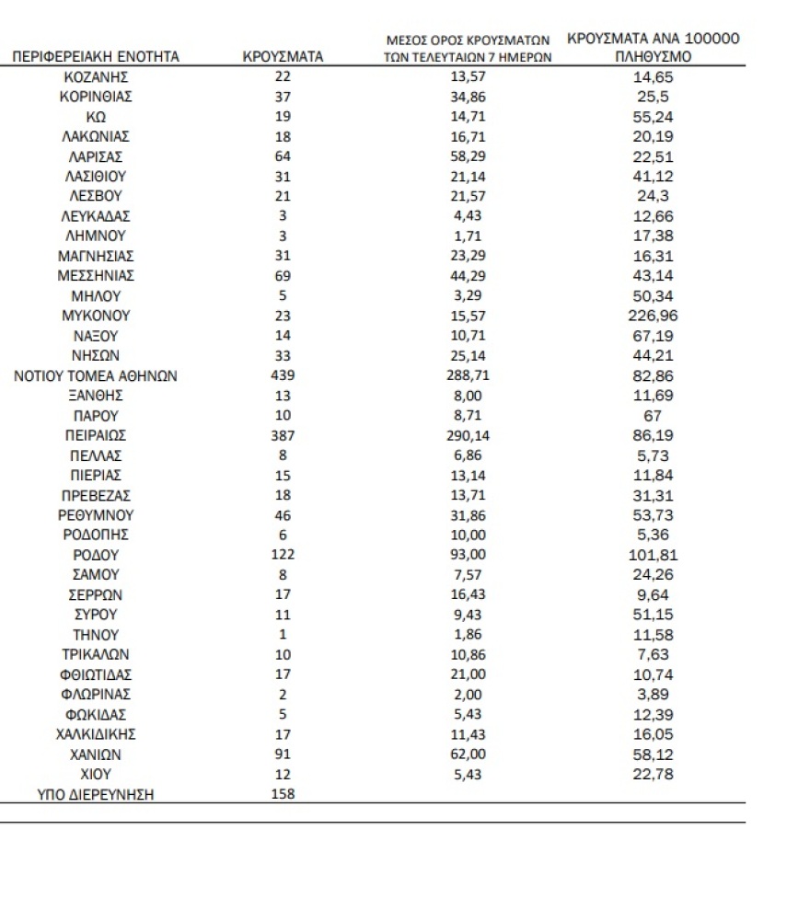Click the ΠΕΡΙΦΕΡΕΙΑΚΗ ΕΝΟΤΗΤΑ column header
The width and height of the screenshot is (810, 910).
tap(96, 57)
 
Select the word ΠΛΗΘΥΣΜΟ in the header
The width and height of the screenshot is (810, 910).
tap(653, 57)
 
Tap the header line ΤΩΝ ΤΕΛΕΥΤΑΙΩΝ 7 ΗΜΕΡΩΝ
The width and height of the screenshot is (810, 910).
tap(467, 57)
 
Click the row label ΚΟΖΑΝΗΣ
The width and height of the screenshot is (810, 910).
tap(96, 77)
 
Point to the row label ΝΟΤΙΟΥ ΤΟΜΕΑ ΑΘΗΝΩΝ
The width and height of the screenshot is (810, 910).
tap(96, 375)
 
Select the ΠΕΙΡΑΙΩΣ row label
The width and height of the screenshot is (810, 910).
tap(96, 434)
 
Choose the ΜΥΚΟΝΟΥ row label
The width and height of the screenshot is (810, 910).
tap(96, 316)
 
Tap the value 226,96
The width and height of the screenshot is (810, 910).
tap(653, 316)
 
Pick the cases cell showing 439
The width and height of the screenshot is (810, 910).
tap(283, 375)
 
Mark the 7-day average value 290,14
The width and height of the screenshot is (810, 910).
tap(467, 434)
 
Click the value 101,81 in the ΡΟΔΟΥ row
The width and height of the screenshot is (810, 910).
tap(653, 555)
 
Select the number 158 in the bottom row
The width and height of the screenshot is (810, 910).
tap(283, 793)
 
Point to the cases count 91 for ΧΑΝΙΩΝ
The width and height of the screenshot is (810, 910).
tap(283, 754)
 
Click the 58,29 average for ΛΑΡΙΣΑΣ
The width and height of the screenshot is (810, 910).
tap(467, 156)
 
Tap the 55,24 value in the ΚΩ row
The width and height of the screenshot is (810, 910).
tap(653, 117)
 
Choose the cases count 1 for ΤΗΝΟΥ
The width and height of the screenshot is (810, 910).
tap(283, 635)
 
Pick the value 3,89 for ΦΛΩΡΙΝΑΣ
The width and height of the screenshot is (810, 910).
tap(653, 695)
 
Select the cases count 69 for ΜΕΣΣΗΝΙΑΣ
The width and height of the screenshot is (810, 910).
tap(283, 276)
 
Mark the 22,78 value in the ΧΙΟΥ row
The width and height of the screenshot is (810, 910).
tap(653, 774)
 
